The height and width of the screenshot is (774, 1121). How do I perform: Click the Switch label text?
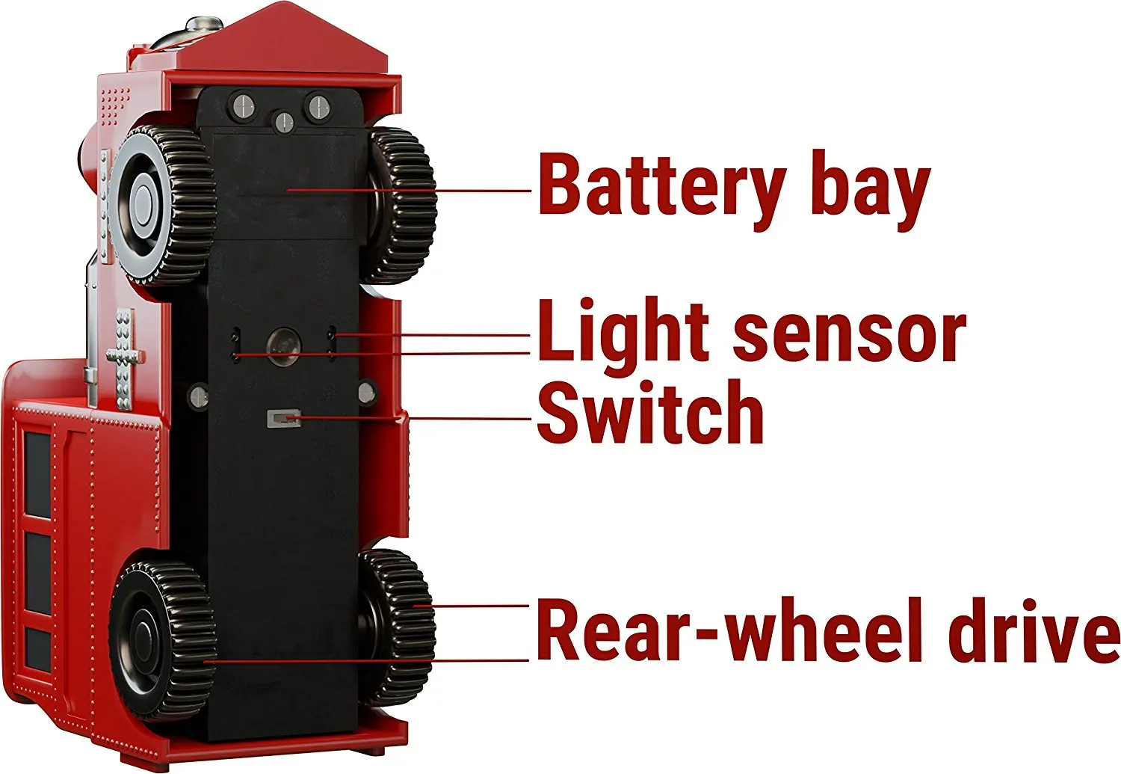coord(650,412)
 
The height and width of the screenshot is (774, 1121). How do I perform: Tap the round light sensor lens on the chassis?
coord(284,345)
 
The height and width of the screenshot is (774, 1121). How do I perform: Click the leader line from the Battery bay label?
coord(411,190)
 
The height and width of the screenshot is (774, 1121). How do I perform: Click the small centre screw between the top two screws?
coord(282,120)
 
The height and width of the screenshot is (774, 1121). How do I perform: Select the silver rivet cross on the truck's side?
coord(124,351)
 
